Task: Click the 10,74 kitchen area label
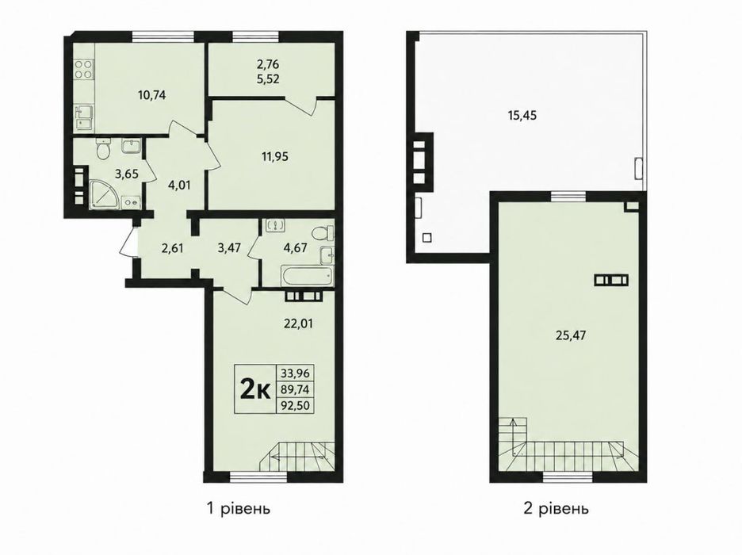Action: pos(152,95)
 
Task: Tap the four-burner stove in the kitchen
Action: pos(83,70)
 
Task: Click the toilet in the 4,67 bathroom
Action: pos(323,233)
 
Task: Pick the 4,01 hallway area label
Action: pos(178,185)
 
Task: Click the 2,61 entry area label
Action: pos(173,248)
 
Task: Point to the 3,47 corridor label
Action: pos(225,248)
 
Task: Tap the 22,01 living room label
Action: pos(300,324)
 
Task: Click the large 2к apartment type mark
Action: pos(255,389)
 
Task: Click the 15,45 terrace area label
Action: pos(522,115)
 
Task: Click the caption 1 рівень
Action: pos(239,509)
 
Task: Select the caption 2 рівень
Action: pos(556,509)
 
